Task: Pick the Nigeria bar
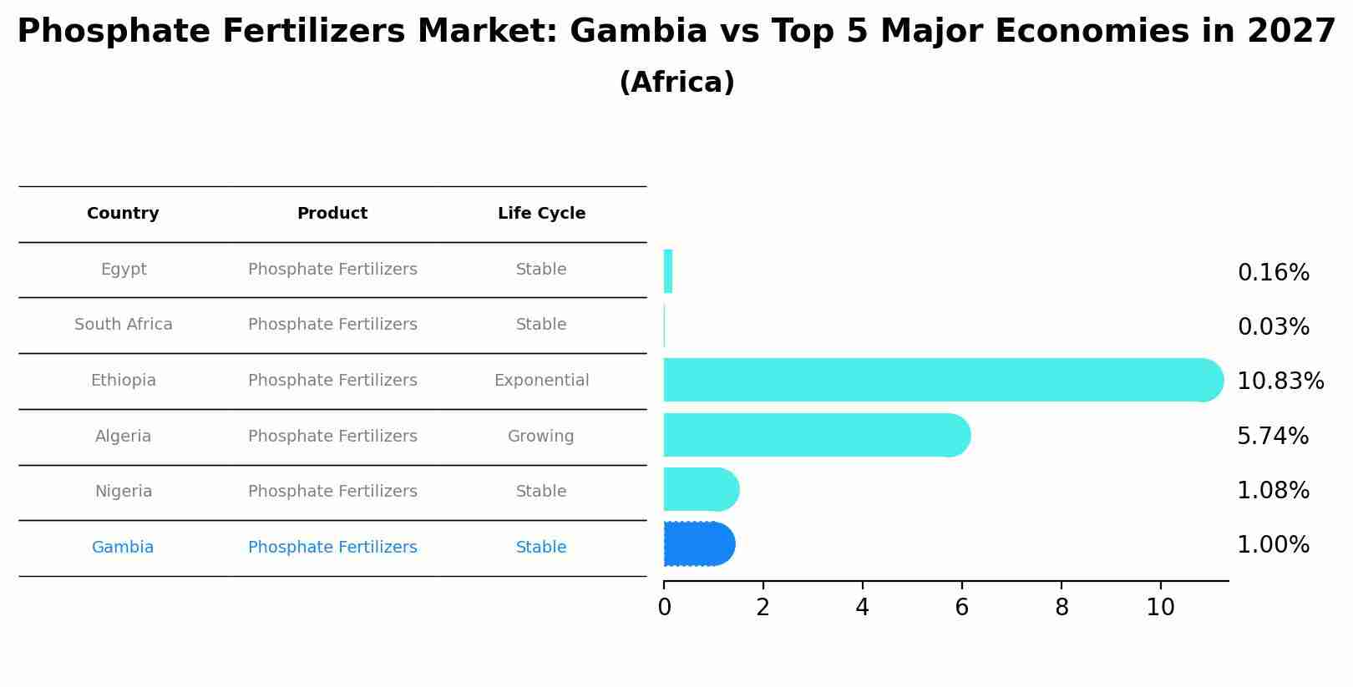click(701, 489)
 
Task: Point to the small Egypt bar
click(668, 271)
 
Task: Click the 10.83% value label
click(1280, 381)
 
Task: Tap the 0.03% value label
click(1273, 327)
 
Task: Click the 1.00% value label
click(1273, 545)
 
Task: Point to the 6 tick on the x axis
click(961, 608)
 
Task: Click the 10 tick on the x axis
click(1160, 608)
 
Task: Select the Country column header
click(123, 214)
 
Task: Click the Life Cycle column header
click(541, 214)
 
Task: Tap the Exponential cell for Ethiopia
click(541, 381)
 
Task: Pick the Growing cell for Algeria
click(540, 437)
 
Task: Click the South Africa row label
click(123, 325)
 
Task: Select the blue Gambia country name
click(123, 548)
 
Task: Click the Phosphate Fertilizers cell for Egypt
click(332, 270)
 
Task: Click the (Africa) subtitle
click(676, 83)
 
